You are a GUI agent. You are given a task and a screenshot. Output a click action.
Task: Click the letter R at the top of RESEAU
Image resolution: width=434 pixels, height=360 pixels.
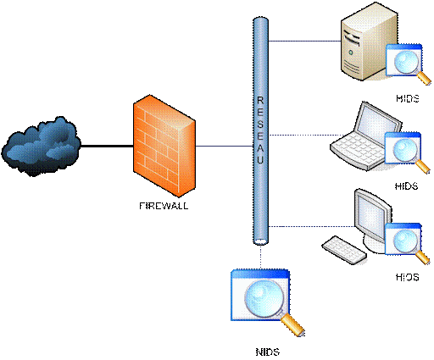point(260,100)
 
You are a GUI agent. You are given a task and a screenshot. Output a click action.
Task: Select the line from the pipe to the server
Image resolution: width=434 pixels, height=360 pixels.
point(301,41)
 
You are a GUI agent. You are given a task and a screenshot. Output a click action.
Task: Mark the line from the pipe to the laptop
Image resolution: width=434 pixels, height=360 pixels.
point(301,134)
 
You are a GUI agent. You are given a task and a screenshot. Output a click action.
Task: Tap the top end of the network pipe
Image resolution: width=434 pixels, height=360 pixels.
point(260,20)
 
